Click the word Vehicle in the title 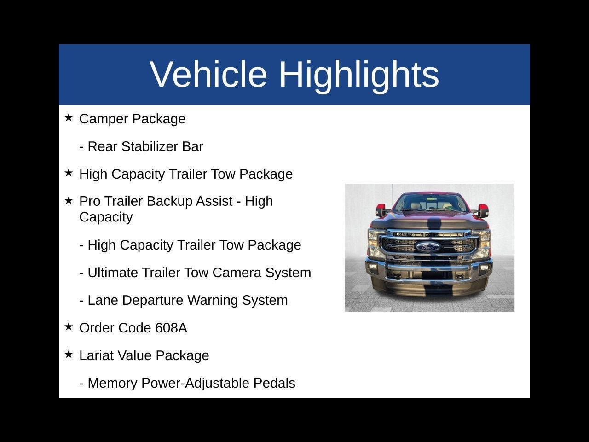click(x=208, y=74)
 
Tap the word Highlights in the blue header click(x=359, y=74)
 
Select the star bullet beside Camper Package click(x=69, y=118)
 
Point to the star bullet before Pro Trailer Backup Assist click(x=69, y=200)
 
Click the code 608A click(x=171, y=328)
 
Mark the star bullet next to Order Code click(x=69, y=327)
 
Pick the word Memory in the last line click(x=112, y=383)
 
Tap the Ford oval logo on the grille click(x=428, y=247)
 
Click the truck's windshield click(x=428, y=203)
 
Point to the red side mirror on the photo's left click(x=381, y=210)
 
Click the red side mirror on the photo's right click(x=483, y=210)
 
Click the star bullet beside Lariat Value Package click(x=69, y=355)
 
